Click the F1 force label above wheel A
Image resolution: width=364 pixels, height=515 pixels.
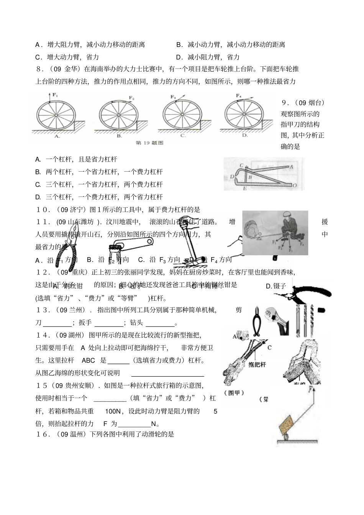click(55, 95)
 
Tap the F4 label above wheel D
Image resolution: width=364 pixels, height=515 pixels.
click(238, 95)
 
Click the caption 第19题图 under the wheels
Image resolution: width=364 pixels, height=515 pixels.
click(149, 143)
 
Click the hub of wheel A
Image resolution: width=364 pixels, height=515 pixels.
click(56, 115)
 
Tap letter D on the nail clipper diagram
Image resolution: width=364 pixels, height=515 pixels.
click(232, 177)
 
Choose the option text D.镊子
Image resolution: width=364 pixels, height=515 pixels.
click(276, 286)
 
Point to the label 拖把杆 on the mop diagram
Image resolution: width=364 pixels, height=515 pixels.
click(257, 364)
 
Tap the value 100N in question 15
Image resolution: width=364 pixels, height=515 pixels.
click(113, 412)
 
